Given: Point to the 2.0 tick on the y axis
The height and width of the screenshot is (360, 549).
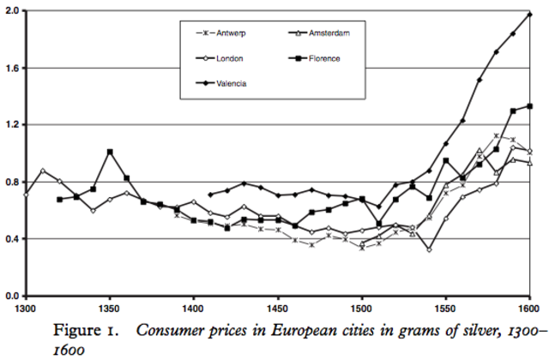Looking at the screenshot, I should [13, 11].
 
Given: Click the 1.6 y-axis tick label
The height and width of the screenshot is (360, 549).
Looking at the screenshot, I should [13, 68].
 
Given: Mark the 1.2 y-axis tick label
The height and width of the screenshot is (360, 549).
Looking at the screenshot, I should [13, 124].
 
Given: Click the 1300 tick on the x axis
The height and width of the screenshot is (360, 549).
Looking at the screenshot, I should [26, 307].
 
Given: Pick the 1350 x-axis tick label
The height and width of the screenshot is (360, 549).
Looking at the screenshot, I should [110, 307].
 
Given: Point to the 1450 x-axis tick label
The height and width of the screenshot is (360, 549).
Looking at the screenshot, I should [278, 307].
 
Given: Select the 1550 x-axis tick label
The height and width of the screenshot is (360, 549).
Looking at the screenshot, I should [446, 307].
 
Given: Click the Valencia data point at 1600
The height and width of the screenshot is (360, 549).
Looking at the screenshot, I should [530, 15].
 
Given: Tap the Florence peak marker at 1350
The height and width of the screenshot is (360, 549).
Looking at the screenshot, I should [110, 152].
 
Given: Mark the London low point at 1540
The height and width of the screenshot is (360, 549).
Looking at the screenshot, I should [429, 249].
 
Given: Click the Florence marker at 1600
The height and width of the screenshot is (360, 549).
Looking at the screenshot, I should [530, 106].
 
